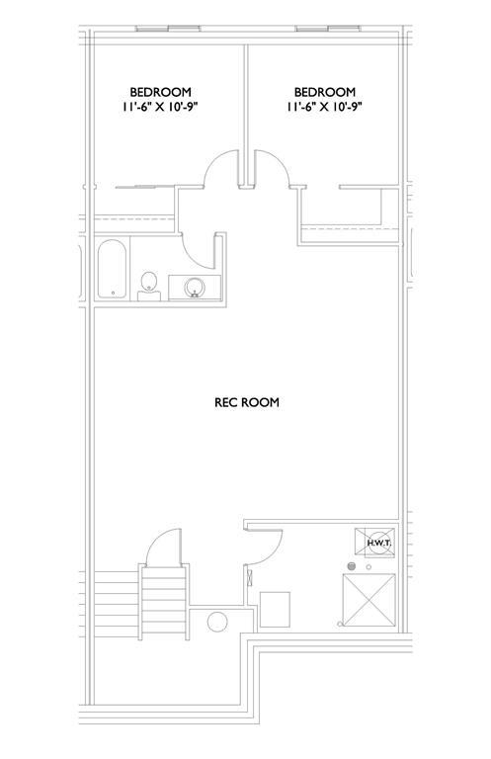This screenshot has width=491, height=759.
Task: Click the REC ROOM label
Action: coord(247,402)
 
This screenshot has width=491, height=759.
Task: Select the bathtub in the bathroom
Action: coord(113,270)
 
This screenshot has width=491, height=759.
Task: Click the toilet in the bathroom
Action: coord(149,286)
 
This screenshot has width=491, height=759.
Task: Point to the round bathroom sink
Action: coord(195,288)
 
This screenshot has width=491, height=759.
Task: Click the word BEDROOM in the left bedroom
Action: coord(161,92)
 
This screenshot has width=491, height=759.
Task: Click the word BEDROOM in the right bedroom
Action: coord(325,92)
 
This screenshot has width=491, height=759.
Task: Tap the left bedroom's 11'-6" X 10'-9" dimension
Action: coord(161,107)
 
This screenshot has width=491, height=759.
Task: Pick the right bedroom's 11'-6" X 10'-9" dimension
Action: coord(325,107)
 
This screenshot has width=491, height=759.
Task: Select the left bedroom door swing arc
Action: coord(212,160)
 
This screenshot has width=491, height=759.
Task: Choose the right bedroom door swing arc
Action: coord(280,160)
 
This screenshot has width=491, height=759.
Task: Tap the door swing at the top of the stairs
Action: coord(155,539)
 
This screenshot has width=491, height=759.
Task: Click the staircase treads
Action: coord(164,603)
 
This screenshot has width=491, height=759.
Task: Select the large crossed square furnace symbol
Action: coord(368,600)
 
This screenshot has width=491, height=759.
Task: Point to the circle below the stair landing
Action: coord(217,622)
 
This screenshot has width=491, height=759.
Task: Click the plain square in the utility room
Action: coord(275,609)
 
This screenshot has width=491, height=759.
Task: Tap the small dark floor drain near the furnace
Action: coord(352,566)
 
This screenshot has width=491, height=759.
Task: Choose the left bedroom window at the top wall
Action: coord(168,29)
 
